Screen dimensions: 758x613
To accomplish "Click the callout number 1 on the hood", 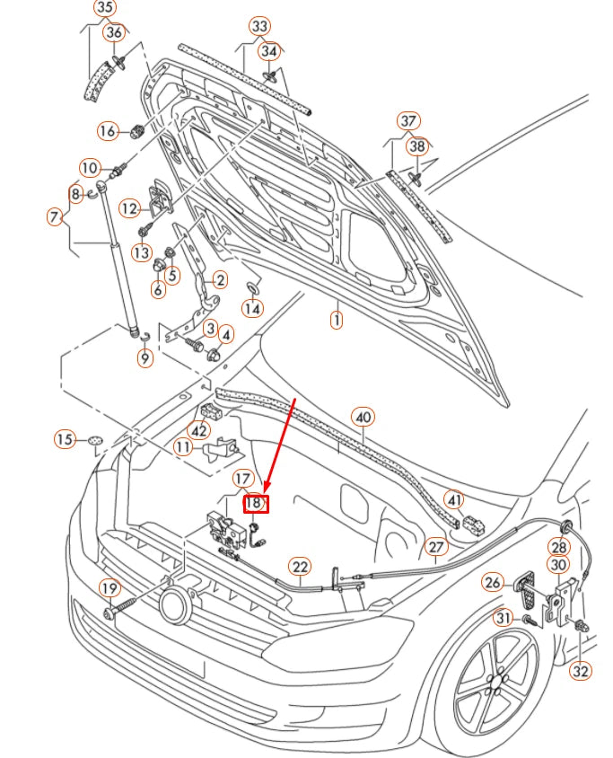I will point(336,319).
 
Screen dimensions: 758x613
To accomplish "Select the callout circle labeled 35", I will point(105,9).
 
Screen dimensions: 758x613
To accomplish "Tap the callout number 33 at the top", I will point(259,26).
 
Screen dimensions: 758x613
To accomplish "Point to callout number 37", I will point(408,120).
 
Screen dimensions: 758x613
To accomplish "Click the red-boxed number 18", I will point(256,504).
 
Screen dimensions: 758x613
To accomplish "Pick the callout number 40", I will point(363,417).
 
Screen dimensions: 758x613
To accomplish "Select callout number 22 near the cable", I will point(299,566).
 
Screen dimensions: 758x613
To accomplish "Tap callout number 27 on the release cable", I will point(435,546).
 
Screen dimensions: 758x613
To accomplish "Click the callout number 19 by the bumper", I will point(109,588).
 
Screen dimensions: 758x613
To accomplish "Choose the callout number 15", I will point(65,439).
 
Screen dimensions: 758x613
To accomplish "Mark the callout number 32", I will point(581,670).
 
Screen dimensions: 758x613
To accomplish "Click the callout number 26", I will point(493,583).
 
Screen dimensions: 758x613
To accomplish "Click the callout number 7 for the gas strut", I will point(55,216).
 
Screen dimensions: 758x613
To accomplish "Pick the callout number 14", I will point(253,308).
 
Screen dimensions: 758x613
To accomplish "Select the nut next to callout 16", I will point(136,132).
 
